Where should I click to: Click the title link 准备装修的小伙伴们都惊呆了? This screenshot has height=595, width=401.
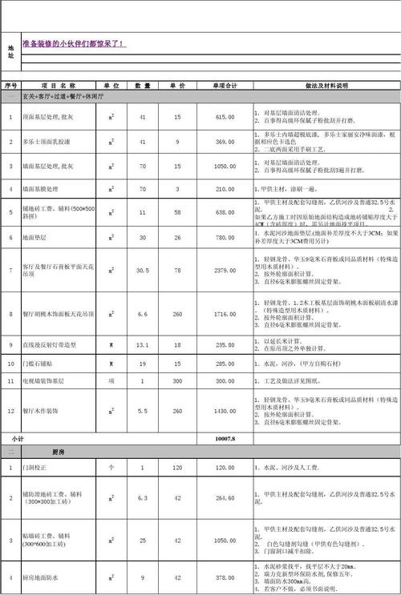tap(73, 44)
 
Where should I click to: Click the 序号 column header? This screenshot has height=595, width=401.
tap(10, 84)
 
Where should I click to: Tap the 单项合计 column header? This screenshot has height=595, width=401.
tap(225, 84)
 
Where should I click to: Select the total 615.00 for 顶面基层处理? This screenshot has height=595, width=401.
tap(225, 117)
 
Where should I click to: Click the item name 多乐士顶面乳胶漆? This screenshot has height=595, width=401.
tap(47, 142)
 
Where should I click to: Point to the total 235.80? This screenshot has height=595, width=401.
tap(225, 345)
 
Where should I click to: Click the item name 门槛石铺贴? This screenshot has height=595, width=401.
tap(39, 364)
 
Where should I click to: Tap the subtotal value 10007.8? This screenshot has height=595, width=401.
tap(225, 440)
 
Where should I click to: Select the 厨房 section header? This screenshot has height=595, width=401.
tap(59, 452)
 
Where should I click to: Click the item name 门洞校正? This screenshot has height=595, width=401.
tap(36, 467)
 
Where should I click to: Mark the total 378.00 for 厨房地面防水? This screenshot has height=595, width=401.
tap(225, 577)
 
